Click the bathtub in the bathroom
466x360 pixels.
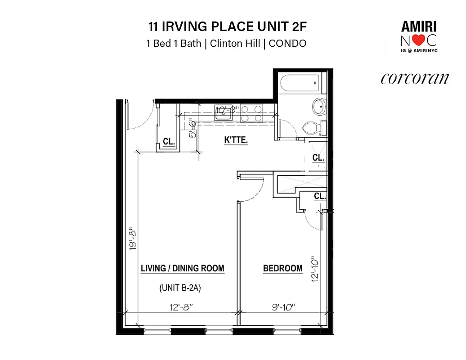coord(300,83)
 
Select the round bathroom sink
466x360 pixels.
coord(320,107)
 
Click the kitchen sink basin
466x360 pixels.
coord(223,112)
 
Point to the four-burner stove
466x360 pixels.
coord(251,113)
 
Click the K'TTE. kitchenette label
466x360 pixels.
coord(236,140)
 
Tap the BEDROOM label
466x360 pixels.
coord(282,269)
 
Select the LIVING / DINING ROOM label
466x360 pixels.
coord(182,269)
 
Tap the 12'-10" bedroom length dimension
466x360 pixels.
coord(314,269)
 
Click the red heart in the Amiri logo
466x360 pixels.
coord(418,40)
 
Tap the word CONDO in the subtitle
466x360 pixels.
coord(287,44)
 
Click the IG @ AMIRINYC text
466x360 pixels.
coord(419,51)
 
